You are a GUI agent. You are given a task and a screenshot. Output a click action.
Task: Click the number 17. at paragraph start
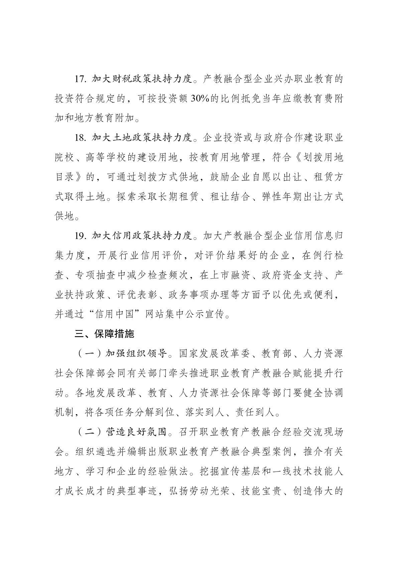tap(81, 79)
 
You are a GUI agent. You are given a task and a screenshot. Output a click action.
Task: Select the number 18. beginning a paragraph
tap(81, 138)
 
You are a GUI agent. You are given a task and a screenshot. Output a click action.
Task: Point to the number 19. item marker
tap(81, 236)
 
